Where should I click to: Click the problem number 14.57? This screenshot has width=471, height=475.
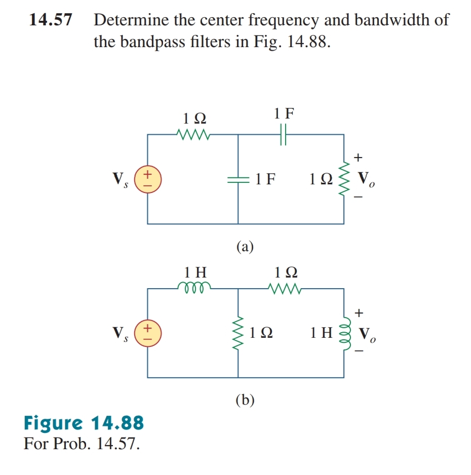[50, 20]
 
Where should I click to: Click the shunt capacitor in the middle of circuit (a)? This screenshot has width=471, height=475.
[238, 179]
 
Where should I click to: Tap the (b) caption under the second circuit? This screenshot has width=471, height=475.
[245, 400]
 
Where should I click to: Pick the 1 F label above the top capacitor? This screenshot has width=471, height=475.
[284, 113]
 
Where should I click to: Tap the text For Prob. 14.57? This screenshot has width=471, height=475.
[81, 443]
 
